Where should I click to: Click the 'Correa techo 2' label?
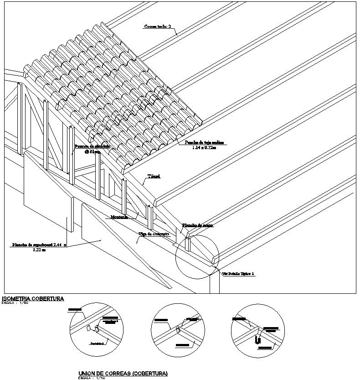tap(158, 26)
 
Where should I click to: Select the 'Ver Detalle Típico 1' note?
tap(238, 274)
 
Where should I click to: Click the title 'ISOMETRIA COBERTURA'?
tap(33, 299)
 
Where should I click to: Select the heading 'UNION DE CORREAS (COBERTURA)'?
tap(123, 374)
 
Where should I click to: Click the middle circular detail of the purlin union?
tap(178, 329)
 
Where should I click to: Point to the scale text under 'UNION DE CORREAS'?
tap(91, 378)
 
